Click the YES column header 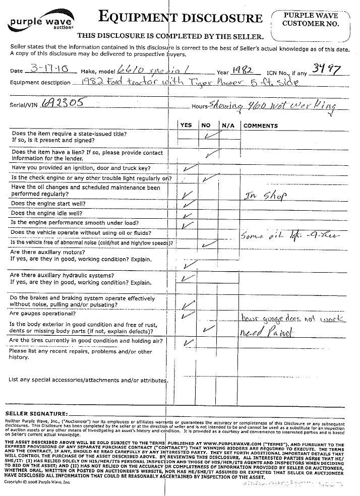coord(186,125)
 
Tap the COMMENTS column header coord(261,126)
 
